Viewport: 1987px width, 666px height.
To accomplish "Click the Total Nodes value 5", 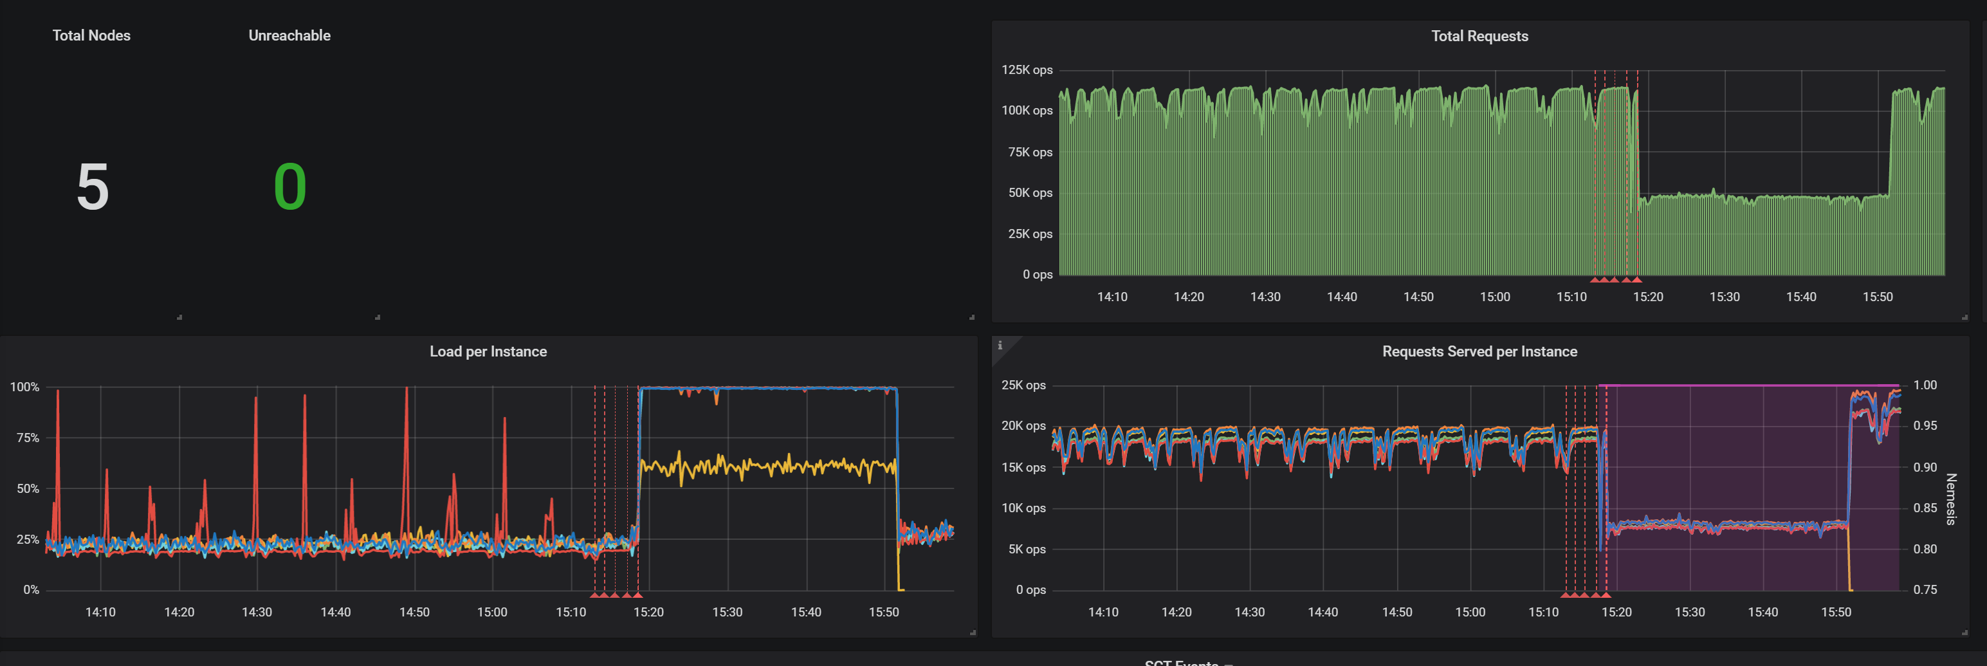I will coord(93,187).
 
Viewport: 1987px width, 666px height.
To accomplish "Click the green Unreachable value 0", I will coord(290,187).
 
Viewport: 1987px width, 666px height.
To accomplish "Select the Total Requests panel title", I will coord(1479,36).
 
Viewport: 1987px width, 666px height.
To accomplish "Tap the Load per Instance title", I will coord(488,352).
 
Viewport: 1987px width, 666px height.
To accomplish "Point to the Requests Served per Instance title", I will coord(1479,352).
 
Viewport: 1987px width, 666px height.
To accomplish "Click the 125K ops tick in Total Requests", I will coord(1026,70).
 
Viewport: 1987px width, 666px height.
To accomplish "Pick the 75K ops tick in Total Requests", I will coord(1029,152).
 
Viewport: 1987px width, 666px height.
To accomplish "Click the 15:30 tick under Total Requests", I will coord(1724,297).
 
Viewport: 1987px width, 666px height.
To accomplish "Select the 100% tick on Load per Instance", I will coord(24,387).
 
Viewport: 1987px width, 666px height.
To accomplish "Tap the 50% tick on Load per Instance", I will coord(28,488).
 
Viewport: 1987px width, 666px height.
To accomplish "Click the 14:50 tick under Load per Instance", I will coord(414,613).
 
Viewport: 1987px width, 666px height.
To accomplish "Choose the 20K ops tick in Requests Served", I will coord(1023,426).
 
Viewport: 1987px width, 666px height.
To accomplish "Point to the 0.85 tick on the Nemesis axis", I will coord(1925,508).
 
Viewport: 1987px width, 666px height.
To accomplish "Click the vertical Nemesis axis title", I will coord(1951,499).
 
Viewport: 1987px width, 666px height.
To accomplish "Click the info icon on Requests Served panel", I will coord(1000,346).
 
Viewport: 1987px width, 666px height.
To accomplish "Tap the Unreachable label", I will coord(289,35).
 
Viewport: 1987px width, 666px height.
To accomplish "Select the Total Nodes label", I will coord(91,35).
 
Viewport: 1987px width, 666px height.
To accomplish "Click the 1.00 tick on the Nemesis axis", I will coord(1925,385).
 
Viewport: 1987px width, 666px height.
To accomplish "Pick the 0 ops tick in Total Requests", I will coord(1037,275).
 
